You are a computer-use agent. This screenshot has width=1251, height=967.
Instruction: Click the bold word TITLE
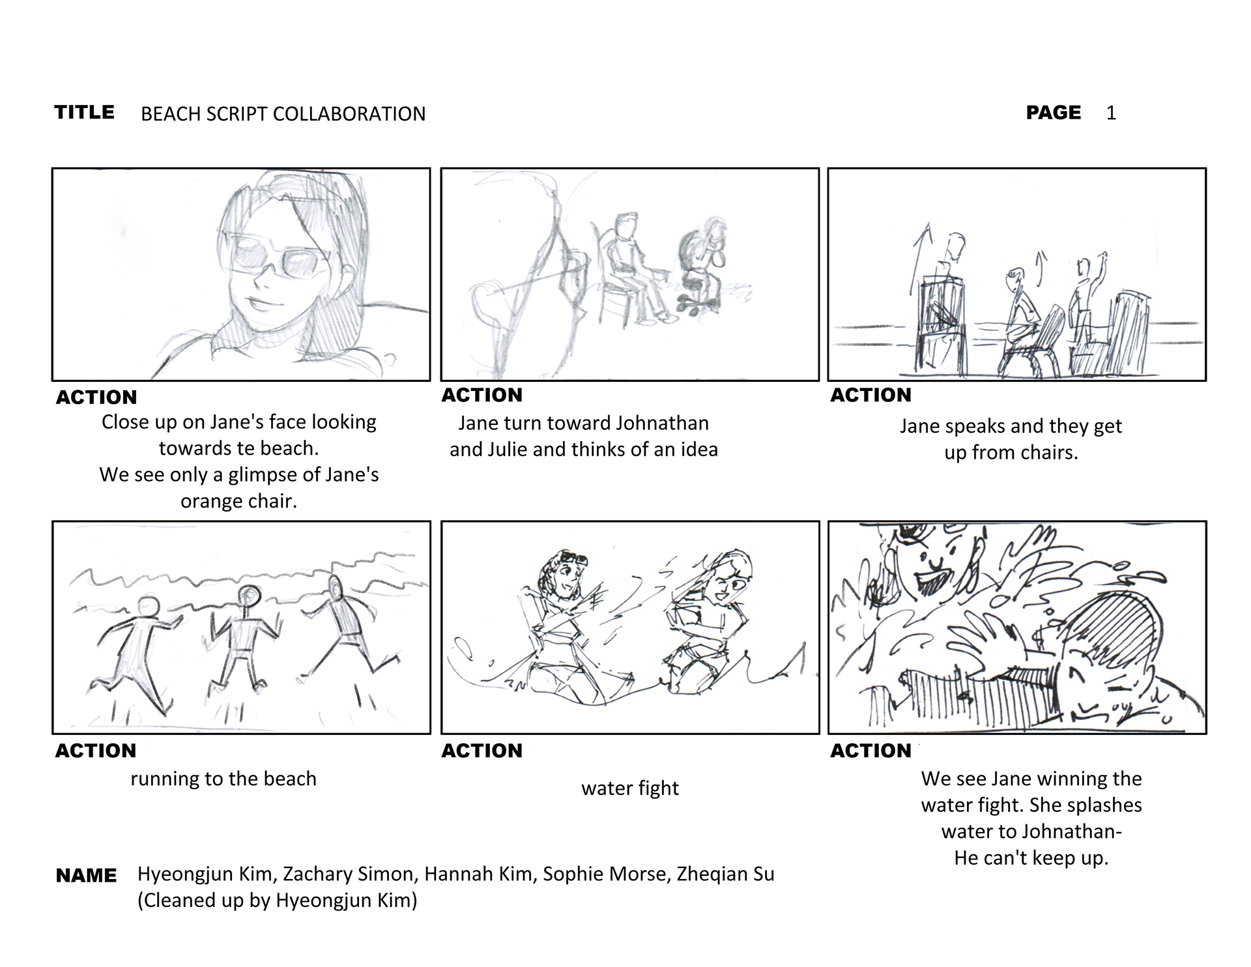[x=84, y=112]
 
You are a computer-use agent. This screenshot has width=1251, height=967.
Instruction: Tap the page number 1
[x=1111, y=113]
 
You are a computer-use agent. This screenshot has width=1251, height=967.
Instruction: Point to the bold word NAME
[x=86, y=875]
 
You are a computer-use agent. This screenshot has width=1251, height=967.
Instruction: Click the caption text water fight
[x=630, y=788]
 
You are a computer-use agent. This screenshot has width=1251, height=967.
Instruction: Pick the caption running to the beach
[x=223, y=779]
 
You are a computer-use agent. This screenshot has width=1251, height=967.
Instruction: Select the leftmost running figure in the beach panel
[x=135, y=652]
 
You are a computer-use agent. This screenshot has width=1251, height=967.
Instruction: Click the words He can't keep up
[x=1031, y=858]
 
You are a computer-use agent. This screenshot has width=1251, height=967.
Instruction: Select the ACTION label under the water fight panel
[x=482, y=751]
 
